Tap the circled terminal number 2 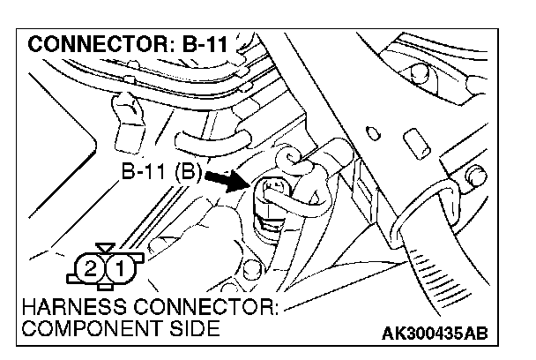pos(88,266)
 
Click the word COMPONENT pos(86,331)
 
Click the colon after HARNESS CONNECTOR pos(275,312)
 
